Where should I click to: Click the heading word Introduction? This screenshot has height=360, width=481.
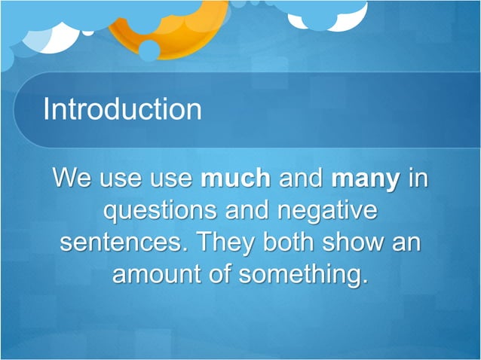pyautogui.click(x=122, y=109)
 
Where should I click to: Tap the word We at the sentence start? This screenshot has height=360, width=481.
pyautogui.click(x=72, y=179)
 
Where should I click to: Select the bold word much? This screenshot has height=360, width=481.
pyautogui.click(x=235, y=179)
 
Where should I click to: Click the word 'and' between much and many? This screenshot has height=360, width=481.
pyautogui.click(x=301, y=179)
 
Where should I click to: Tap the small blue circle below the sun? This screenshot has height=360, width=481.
pyautogui.click(x=149, y=50)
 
